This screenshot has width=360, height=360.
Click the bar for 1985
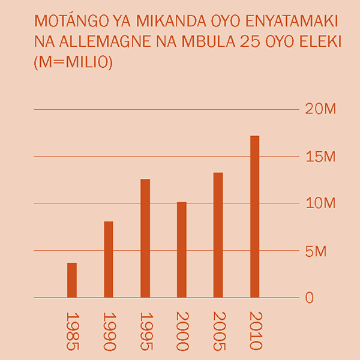tap(72, 280)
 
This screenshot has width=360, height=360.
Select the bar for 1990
tap(109, 259)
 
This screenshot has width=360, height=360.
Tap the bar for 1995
tap(145, 238)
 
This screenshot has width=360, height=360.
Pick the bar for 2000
tap(182, 250)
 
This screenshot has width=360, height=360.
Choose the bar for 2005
tap(218, 235)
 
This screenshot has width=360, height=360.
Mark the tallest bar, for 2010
tap(255, 217)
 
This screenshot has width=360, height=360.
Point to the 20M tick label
tap(320, 109)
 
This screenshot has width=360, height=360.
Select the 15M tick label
tap(320, 157)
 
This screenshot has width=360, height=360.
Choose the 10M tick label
tap(320, 203)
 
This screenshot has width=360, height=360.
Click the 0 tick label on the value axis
tap(309, 298)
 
